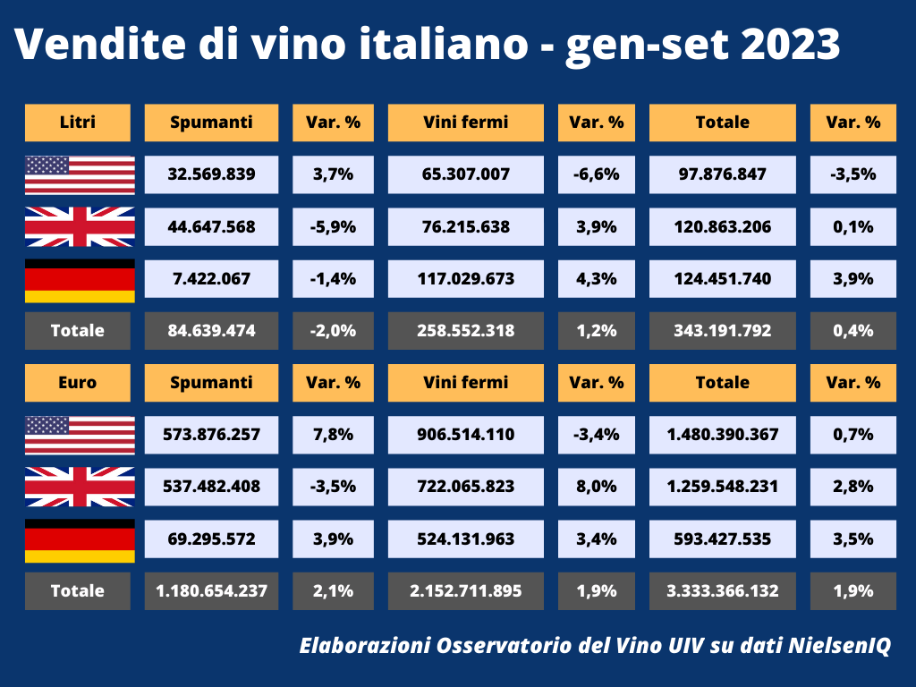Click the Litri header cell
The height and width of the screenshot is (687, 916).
77,123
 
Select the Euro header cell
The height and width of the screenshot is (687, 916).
77,382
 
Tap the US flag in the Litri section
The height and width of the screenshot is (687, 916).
80,174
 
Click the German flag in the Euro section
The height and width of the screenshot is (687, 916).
80,539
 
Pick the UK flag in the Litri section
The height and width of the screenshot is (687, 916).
80,226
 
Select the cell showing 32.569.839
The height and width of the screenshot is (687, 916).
211,174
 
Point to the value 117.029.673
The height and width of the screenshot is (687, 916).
465,278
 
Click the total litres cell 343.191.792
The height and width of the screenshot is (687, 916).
722,330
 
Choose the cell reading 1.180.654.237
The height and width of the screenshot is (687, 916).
211,590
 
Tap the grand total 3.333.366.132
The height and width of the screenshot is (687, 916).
722,590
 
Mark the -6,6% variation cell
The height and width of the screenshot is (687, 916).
596,174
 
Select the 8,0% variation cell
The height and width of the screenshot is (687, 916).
596,487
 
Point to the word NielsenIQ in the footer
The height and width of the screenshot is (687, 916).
840,645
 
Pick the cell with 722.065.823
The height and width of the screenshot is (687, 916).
465,487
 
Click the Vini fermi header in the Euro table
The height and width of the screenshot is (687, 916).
465,382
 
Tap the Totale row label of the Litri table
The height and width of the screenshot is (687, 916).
77,330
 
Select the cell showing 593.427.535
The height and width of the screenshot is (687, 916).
722,539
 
